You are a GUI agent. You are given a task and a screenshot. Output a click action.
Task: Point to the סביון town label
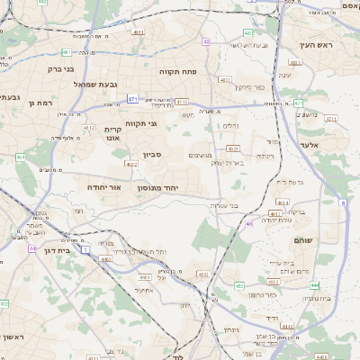pyautogui.click(x=151, y=155)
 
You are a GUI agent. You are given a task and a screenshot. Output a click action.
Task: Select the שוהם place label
pyautogui.click(x=302, y=241)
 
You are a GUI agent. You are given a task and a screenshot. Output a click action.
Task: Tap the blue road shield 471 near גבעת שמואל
pyautogui.click(x=132, y=99)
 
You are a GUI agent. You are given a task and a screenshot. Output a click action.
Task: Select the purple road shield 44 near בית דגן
pyautogui.click(x=32, y=247)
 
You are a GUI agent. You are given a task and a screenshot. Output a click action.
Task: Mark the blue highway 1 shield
pyautogui.click(x=85, y=250)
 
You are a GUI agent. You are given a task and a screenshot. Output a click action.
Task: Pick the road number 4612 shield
pyautogui.click(x=89, y=128)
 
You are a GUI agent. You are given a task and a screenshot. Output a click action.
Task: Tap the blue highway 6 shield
pyautogui.click(x=343, y=203)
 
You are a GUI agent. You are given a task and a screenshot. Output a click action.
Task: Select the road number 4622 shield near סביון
pyautogui.click(x=132, y=165)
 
